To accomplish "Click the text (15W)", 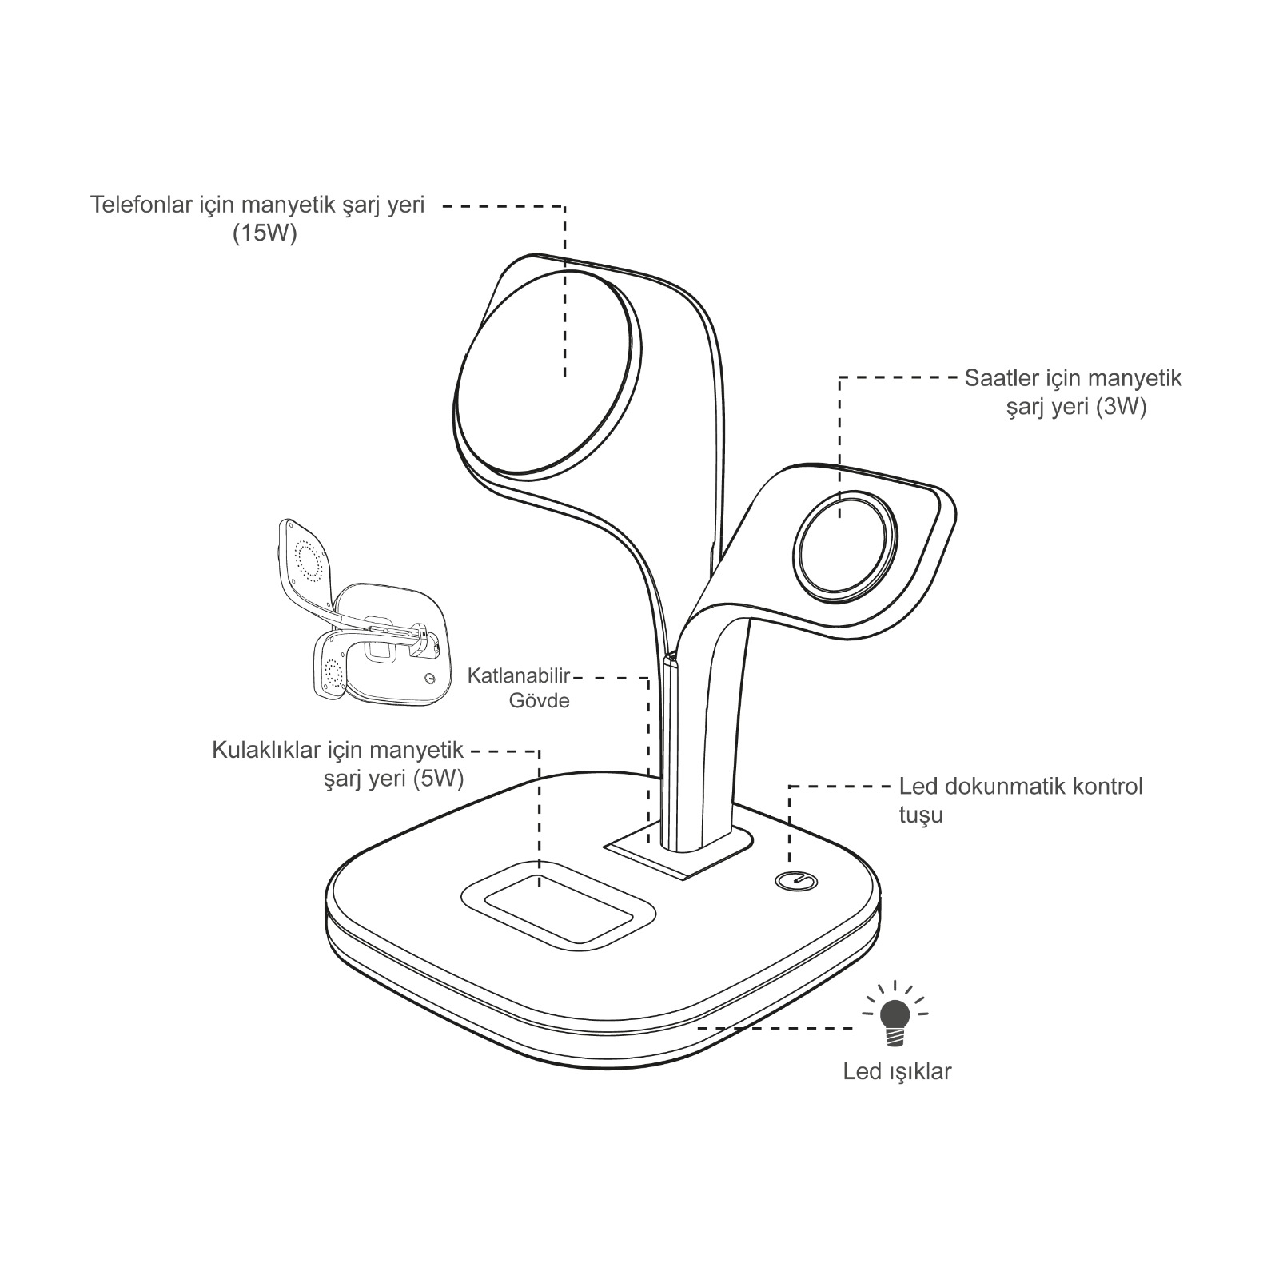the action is [x=265, y=235].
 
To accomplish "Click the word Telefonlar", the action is [x=141, y=205].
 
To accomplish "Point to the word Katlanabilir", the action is [x=518, y=677].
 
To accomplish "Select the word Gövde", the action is [x=540, y=701].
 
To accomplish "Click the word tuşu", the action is [x=921, y=815].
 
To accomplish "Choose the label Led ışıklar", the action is [x=897, y=1071].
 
